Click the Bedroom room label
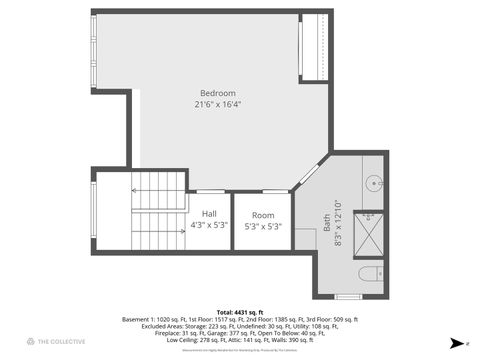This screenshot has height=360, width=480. click(x=217, y=93)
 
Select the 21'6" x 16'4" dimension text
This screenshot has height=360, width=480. click(x=217, y=103)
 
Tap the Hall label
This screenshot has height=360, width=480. click(x=209, y=214)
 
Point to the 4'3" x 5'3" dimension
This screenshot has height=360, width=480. click(x=209, y=225)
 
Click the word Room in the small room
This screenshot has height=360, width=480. click(x=263, y=215)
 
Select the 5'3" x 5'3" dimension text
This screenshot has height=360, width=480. click(x=263, y=226)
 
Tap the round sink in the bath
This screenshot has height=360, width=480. click(x=370, y=183)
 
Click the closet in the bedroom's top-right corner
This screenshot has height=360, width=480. click(x=315, y=47)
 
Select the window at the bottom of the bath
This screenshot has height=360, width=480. click(x=348, y=297)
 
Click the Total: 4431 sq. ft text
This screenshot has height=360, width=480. click(x=239, y=311)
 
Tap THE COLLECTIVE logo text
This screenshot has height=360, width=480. click(x=59, y=342)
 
